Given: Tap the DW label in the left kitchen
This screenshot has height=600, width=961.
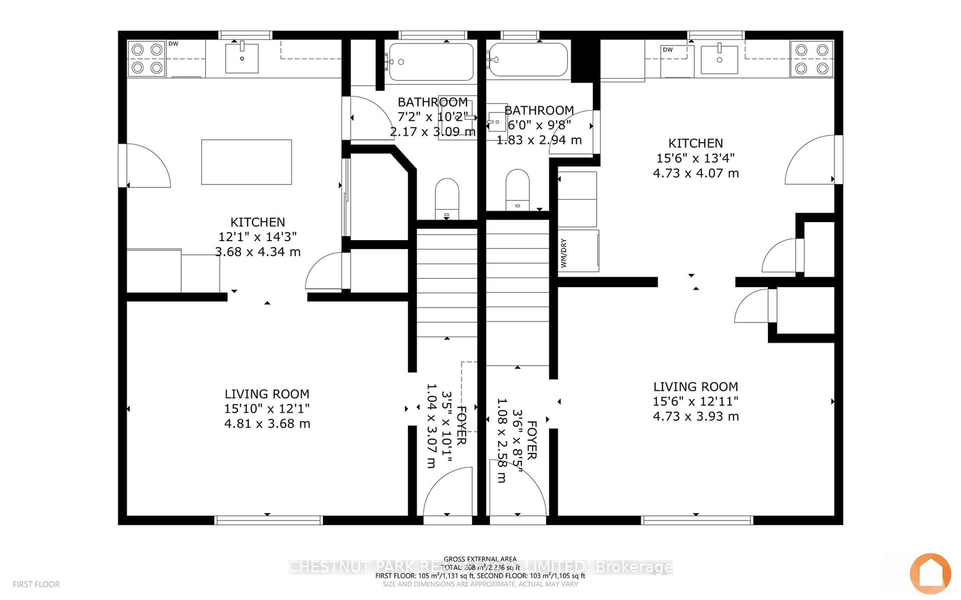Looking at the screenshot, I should [173, 44].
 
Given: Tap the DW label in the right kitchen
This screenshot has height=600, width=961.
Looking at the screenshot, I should [667, 49].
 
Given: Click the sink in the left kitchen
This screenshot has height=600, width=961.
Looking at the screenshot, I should [242, 58].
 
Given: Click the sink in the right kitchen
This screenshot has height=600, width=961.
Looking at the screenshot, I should [719, 59].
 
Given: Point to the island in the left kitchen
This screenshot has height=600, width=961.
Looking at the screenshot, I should [246, 162].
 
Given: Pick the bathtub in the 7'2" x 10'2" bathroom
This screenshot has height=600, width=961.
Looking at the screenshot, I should [431, 62].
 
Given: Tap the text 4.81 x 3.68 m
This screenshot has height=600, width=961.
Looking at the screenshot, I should [267, 424].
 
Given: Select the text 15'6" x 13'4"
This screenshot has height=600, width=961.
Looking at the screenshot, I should [695, 158].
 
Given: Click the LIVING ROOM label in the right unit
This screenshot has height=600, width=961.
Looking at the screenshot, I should [695, 386].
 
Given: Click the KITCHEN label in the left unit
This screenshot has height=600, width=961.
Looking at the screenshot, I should [257, 222].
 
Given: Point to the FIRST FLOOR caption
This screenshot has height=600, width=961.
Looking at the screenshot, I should [36, 584].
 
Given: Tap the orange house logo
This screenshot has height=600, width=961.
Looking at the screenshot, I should [930, 573].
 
